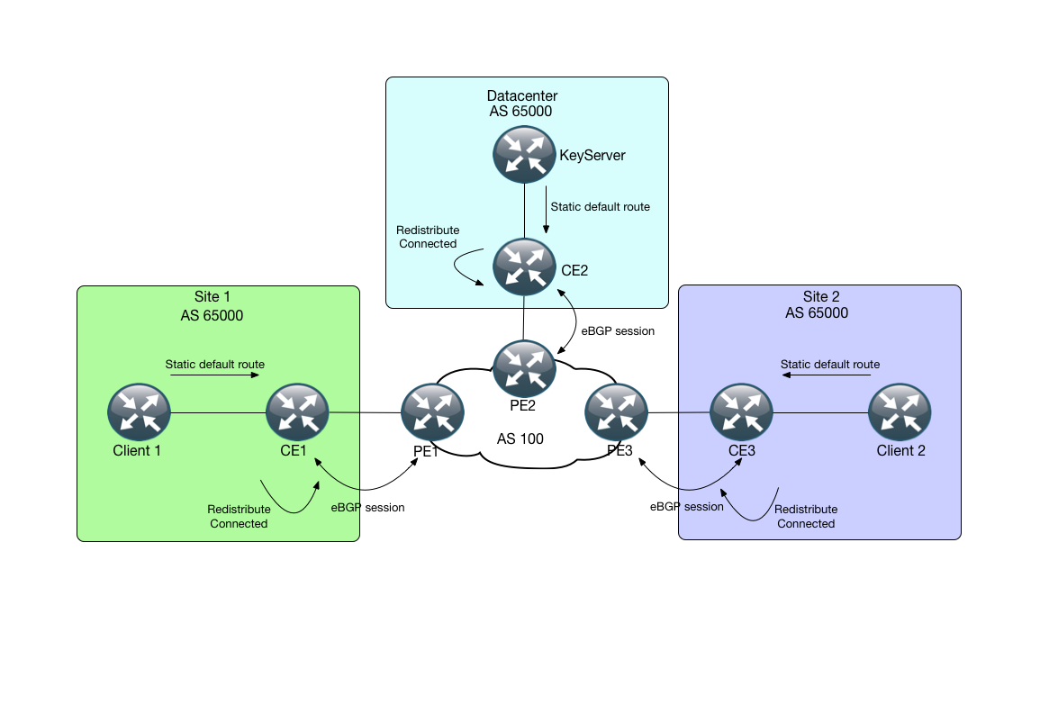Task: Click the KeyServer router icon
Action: pos(524,155)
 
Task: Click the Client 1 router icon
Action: pos(139,413)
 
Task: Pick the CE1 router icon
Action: pos(298,413)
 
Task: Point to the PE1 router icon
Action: pos(432,413)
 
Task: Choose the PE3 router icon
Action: pos(616,413)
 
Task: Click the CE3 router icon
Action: pos(741,413)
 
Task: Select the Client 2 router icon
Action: pos(900,413)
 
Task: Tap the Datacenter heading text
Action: pos(522,96)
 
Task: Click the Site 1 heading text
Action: pos(213,297)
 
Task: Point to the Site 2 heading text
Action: pos(821,297)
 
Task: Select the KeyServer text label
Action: pos(592,156)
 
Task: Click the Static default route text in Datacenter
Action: pos(600,207)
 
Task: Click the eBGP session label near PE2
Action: pos(618,330)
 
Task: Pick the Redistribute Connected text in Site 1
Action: pos(239,516)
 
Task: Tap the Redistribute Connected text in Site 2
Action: pos(806,516)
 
